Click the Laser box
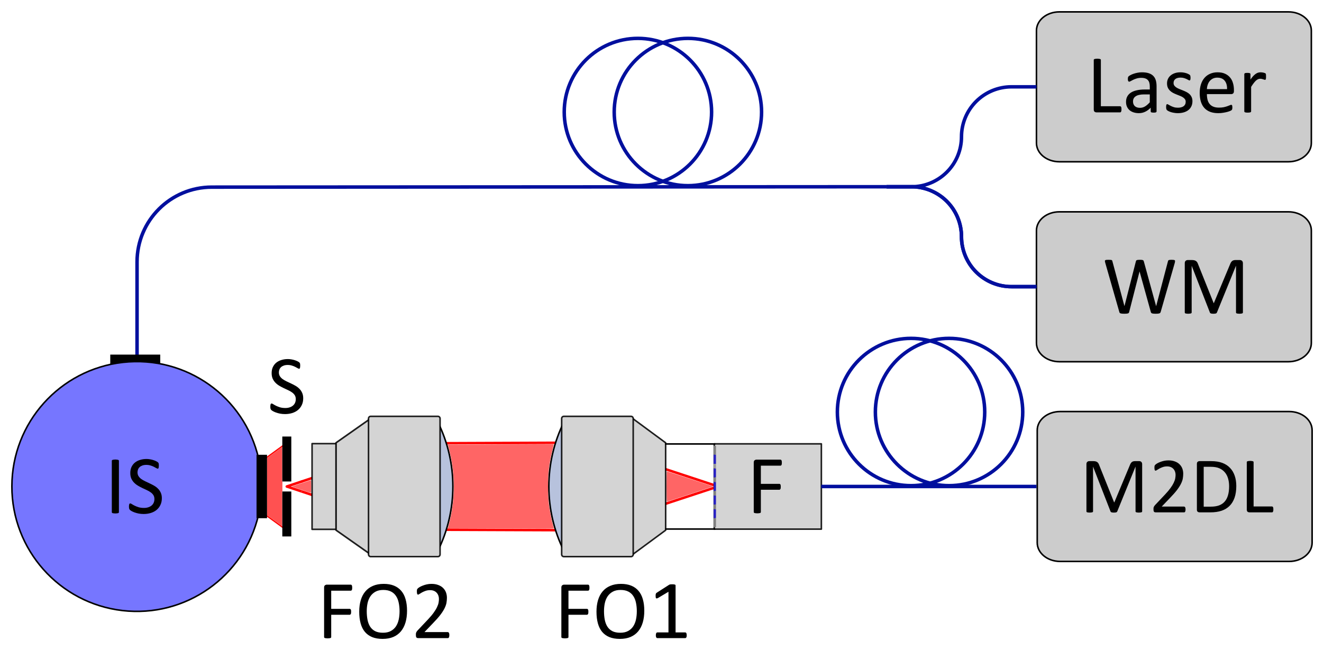coord(1173,87)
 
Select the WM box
coord(1173,287)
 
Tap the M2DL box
coord(1174,486)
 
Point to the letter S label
coord(287,387)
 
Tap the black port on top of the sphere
coord(135,359)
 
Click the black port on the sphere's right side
coord(262,487)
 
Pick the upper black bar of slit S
coord(287,458)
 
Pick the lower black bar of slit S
coord(287,514)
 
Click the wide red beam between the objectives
coord(500,486)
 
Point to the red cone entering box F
coord(688,486)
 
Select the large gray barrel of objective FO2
coord(404,486)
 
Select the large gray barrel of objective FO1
coord(597,486)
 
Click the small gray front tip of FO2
coord(324,486)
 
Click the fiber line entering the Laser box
coord(1024,87)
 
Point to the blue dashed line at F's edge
coord(715,486)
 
